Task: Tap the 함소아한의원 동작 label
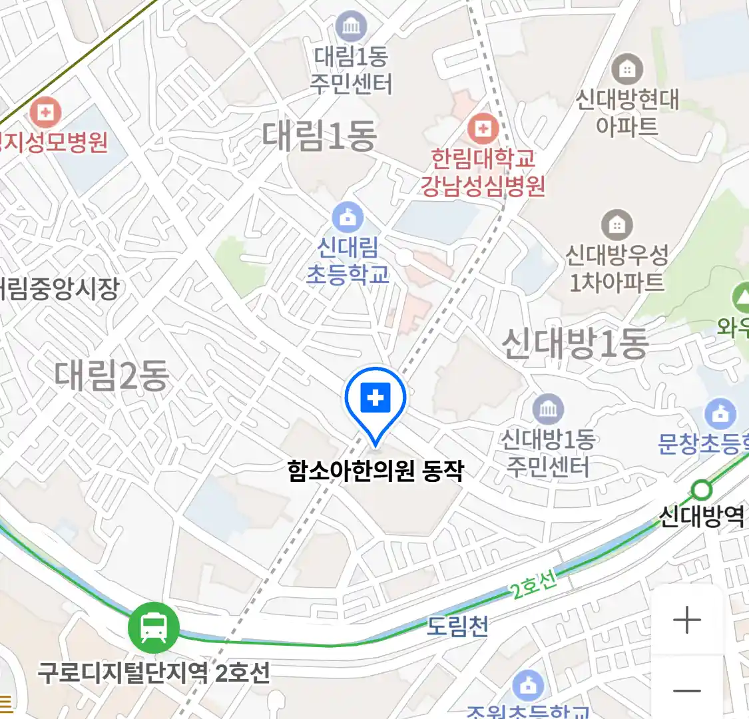click(x=375, y=471)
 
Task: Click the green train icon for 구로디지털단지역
click(x=154, y=627)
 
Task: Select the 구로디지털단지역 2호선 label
click(x=154, y=672)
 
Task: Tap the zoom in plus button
click(x=687, y=620)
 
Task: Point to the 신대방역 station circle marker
click(x=701, y=491)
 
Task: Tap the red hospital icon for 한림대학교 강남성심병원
click(x=483, y=128)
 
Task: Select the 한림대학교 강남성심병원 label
click(x=483, y=172)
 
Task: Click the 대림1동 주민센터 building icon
click(x=351, y=27)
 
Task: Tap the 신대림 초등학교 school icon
click(x=348, y=218)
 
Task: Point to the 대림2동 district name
click(x=112, y=375)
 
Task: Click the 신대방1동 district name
click(x=575, y=344)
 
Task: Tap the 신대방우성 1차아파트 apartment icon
click(x=617, y=226)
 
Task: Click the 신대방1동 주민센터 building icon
click(x=548, y=409)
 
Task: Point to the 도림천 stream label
click(x=458, y=626)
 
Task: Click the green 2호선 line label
click(x=534, y=586)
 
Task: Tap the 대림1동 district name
click(x=320, y=135)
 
